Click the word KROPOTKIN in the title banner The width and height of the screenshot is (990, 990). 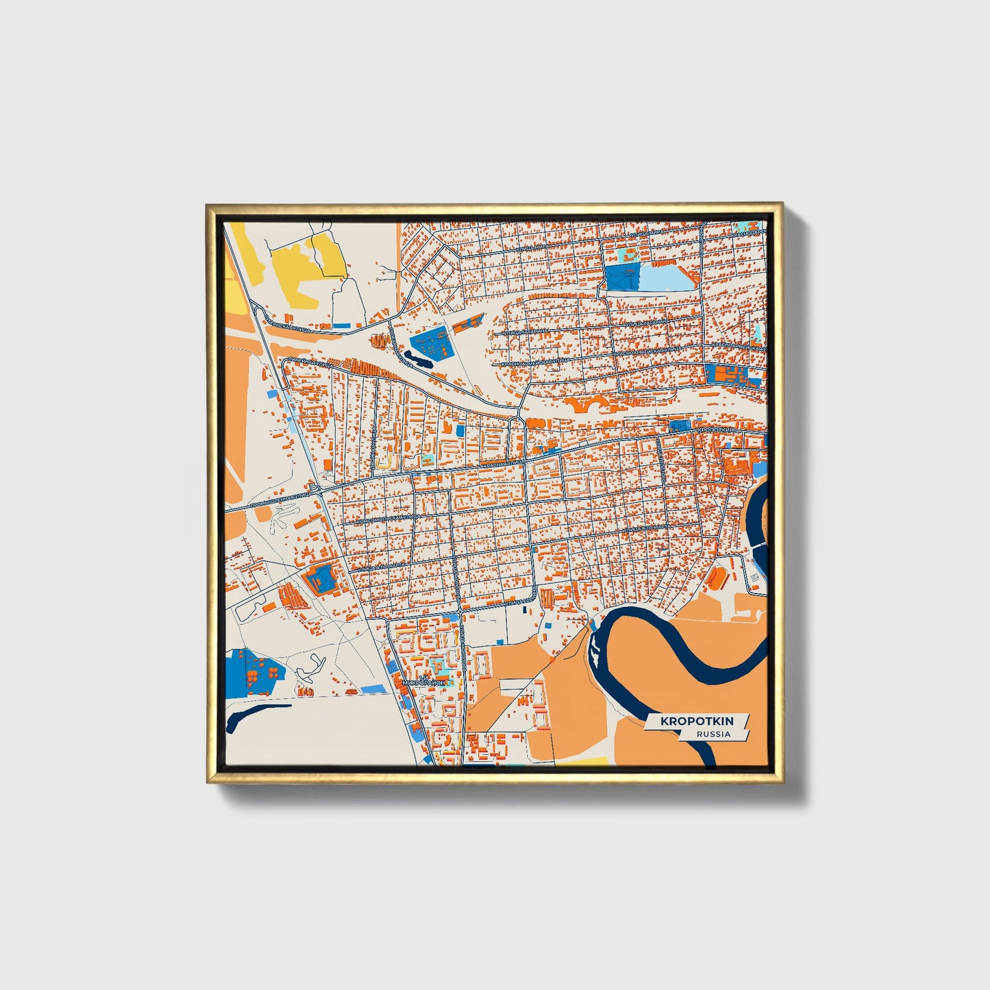[696, 721]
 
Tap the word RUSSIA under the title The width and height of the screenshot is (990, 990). [713, 734]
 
